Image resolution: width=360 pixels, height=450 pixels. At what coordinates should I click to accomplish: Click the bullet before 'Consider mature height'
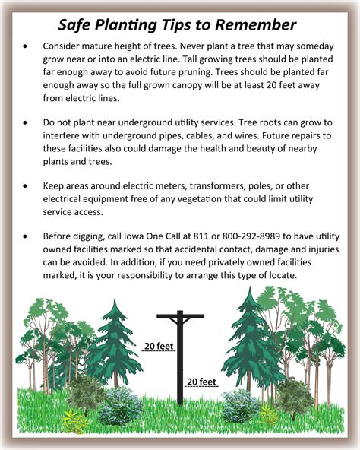(28, 46)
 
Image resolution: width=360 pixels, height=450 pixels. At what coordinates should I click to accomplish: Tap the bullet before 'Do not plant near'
(28, 122)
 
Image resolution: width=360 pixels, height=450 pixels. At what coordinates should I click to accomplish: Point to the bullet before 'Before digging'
(28, 236)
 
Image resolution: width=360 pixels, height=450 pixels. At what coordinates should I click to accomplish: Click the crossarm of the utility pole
(181, 316)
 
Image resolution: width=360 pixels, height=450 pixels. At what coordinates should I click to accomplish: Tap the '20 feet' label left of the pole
(157, 347)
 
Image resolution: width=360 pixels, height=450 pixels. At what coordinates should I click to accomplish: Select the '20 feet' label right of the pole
(202, 381)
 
